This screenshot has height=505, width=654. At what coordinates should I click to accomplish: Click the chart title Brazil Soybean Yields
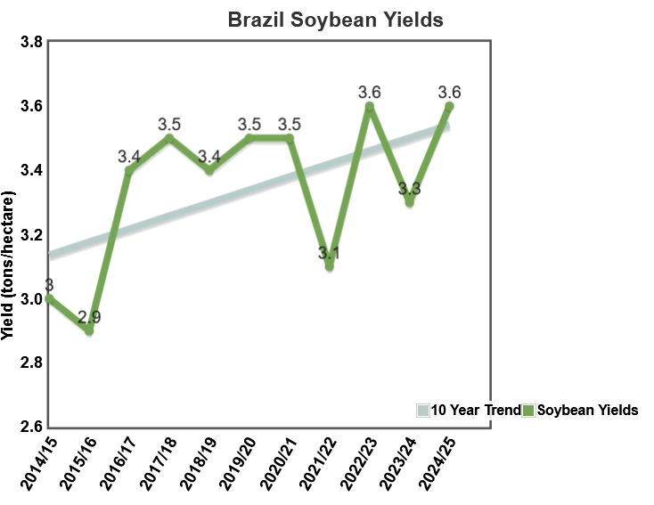(x=335, y=20)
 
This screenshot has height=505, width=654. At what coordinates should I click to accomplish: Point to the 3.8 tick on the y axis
(x=19, y=42)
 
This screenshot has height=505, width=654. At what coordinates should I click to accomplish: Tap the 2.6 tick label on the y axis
(x=19, y=427)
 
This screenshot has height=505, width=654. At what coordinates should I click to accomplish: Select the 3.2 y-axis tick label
(x=19, y=234)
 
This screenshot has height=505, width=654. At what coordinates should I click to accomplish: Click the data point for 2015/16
(x=89, y=330)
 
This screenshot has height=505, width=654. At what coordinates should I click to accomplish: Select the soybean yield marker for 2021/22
(x=329, y=266)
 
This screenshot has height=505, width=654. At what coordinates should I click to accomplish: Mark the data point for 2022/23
(x=369, y=107)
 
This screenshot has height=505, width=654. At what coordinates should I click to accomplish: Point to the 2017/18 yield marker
(x=169, y=138)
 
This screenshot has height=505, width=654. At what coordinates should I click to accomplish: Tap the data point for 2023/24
(x=409, y=202)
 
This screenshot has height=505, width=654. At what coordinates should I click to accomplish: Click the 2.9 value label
(x=89, y=316)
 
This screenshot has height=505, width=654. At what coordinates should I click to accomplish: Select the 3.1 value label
(x=329, y=253)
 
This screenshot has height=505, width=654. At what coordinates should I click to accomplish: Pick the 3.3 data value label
(x=409, y=189)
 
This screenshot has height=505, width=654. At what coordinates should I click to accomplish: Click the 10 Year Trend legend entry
(x=467, y=411)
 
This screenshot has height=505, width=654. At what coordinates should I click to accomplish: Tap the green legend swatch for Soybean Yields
(x=527, y=411)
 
